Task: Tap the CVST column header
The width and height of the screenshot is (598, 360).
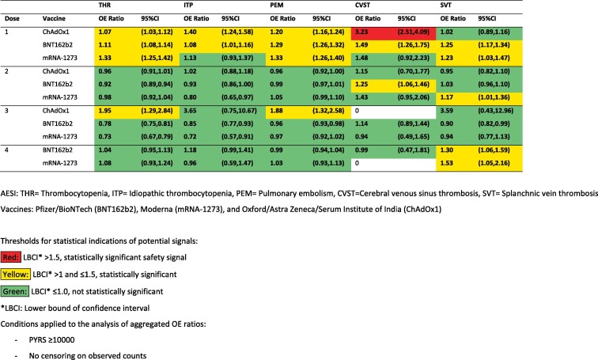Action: [363, 6]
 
